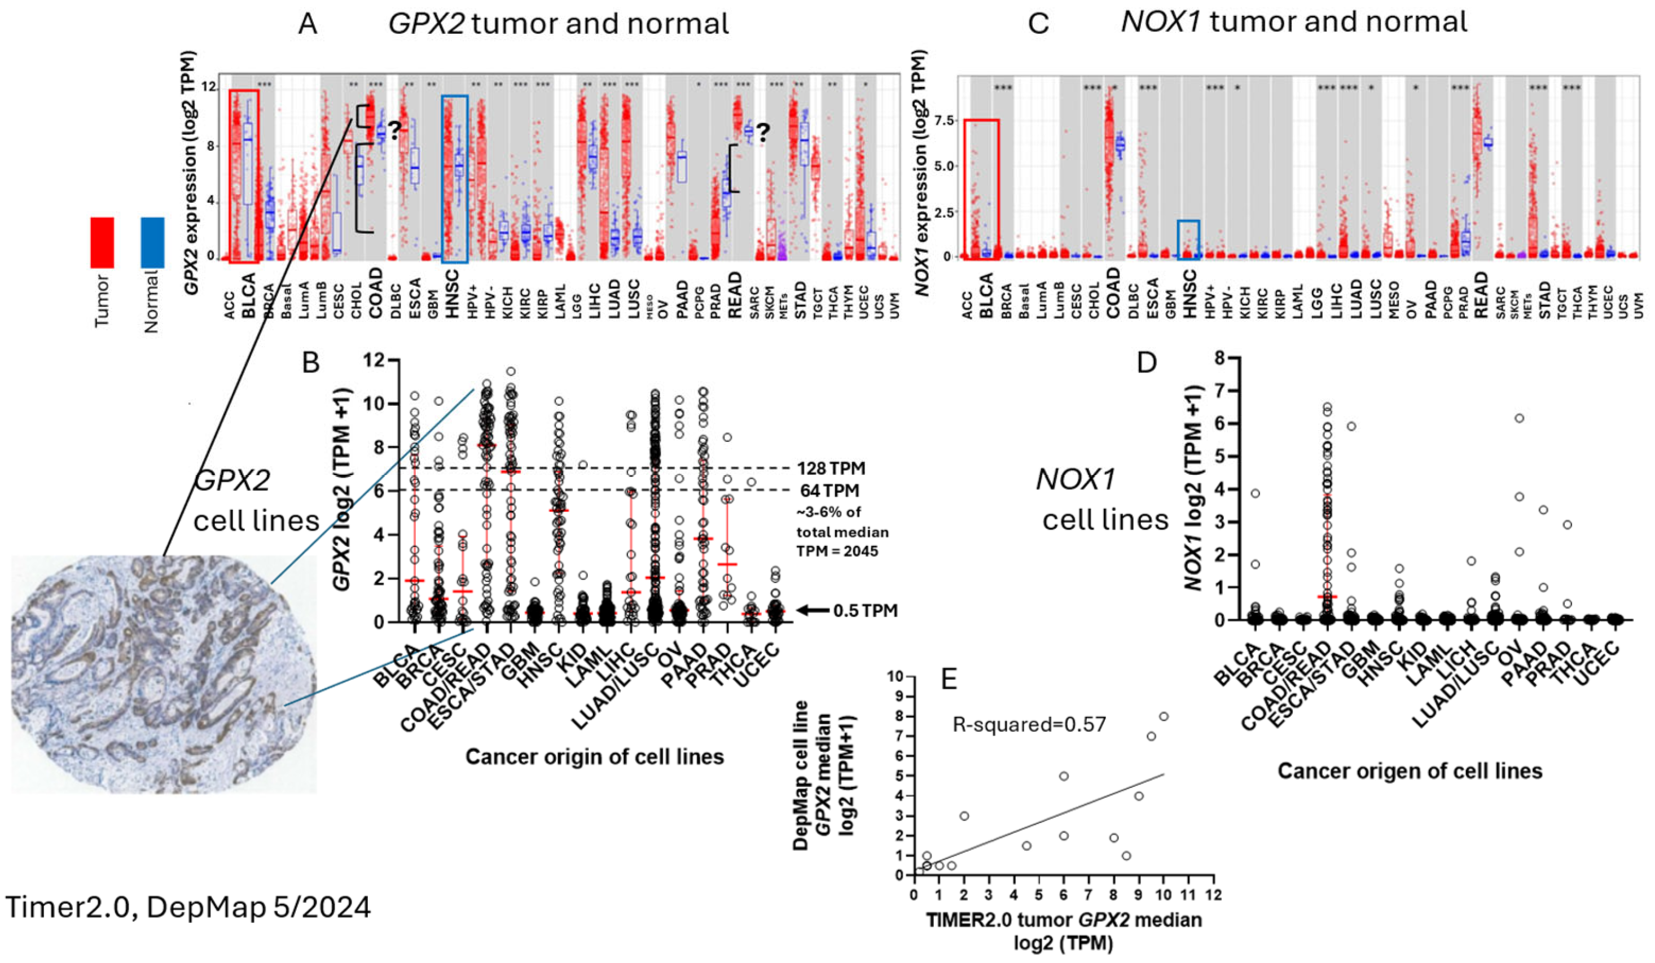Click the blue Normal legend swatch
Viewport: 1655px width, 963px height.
click(x=152, y=242)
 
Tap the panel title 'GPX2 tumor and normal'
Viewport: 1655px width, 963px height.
click(x=558, y=24)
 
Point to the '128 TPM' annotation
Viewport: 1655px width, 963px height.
click(x=831, y=468)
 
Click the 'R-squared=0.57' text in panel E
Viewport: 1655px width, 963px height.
click(x=1029, y=725)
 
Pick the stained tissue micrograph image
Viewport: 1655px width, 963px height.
click(x=164, y=673)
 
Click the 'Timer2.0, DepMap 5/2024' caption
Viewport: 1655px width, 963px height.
click(x=188, y=907)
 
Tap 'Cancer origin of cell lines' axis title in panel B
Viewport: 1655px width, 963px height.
click(x=594, y=757)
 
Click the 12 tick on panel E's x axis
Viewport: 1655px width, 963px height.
click(x=1213, y=895)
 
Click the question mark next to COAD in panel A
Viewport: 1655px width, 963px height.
click(x=393, y=132)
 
